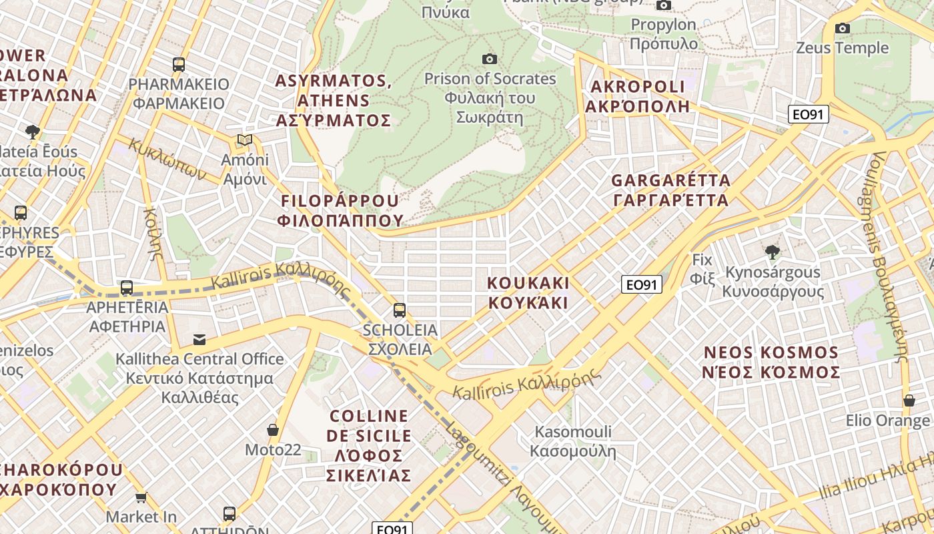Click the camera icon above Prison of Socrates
490,59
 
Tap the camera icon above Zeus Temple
843,28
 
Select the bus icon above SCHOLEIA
400,310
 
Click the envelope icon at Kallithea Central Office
199,339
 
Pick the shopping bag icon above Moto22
272,429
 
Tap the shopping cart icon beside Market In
141,497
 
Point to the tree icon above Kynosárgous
772,252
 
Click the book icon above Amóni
245,140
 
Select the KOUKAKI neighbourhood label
528,293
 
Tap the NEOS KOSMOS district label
771,362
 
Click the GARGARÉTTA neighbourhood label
670,190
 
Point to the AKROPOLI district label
637,96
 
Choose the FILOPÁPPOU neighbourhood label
342,210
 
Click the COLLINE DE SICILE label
369,445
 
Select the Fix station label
702,268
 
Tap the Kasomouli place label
573,441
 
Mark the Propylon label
663,34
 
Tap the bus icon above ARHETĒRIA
127,288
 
